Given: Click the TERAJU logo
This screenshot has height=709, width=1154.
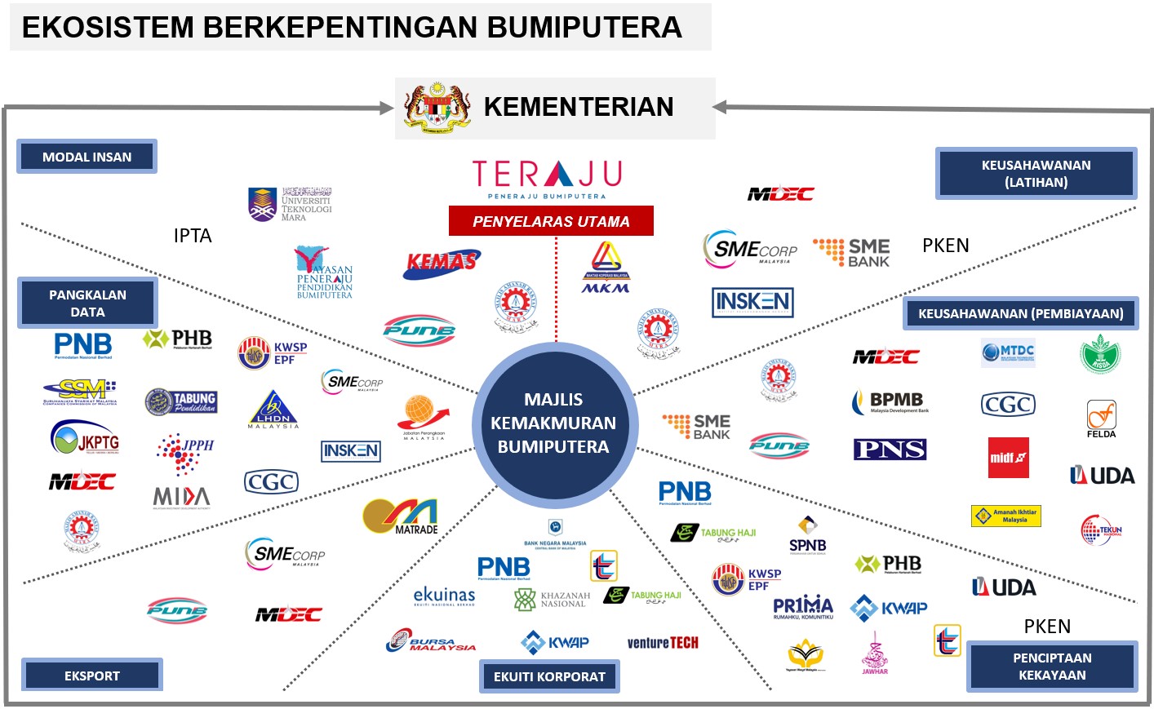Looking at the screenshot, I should click(547, 179).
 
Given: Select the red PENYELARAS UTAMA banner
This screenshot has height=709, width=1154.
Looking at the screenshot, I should click(551, 221).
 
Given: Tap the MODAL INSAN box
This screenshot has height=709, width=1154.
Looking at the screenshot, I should click(87, 157).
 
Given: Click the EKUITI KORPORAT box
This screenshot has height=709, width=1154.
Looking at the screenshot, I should click(549, 676).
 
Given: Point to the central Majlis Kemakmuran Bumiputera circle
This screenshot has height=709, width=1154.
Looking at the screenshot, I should click(553, 423).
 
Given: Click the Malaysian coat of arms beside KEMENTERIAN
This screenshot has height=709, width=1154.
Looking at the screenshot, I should click(437, 108).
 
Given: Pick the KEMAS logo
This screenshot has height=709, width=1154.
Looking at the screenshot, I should click(441, 263).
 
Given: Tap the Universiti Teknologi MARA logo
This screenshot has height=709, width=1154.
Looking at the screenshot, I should click(290, 204).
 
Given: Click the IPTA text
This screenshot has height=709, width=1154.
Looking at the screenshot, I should click(193, 236).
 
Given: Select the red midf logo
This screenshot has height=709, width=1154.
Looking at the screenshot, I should click(1009, 457).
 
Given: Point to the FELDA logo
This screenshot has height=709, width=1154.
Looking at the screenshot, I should click(1101, 419).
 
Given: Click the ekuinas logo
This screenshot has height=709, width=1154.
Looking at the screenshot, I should click(444, 596).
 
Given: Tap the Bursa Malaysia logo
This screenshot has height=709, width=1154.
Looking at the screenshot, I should click(430, 641).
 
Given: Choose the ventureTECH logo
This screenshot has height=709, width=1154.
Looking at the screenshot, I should click(663, 643).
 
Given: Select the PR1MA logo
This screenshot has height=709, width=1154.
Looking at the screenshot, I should click(803, 607).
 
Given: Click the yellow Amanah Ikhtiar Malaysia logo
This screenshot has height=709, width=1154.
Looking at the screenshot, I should click(1006, 516).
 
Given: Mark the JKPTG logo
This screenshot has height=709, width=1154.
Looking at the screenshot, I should click(85, 440).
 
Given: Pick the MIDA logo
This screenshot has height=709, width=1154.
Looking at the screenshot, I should click(181, 497).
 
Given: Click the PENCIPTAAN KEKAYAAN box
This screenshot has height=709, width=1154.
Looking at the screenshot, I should click(1052, 667).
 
